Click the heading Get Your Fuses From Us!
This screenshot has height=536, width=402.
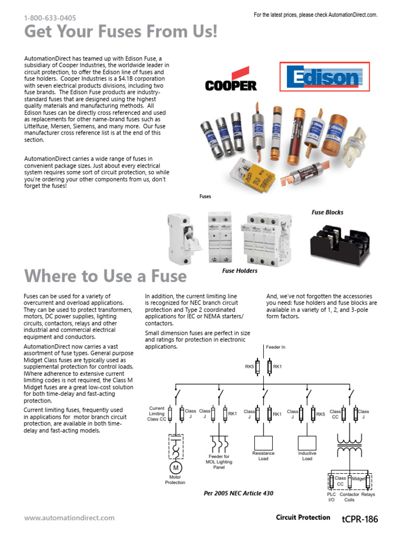click(x=120, y=32)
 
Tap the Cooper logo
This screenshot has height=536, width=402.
click(x=231, y=84)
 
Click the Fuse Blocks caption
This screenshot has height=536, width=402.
click(x=328, y=212)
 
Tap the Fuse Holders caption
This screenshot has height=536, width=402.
click(x=240, y=271)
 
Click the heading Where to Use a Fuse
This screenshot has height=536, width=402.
click(x=105, y=276)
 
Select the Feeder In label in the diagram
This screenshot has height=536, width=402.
click(x=276, y=347)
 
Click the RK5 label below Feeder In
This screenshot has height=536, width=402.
click(x=250, y=367)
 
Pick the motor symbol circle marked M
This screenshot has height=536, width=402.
click(x=175, y=467)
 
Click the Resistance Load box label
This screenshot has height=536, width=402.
click(x=263, y=456)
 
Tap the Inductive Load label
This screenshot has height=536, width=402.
click(x=307, y=456)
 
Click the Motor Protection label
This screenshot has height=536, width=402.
click(x=175, y=479)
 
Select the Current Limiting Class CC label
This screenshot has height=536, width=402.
click(x=157, y=414)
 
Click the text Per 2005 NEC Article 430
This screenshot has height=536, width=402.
click(x=238, y=493)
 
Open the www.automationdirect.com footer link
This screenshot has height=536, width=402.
click(x=69, y=518)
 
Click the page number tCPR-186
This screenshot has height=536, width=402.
click(x=360, y=519)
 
